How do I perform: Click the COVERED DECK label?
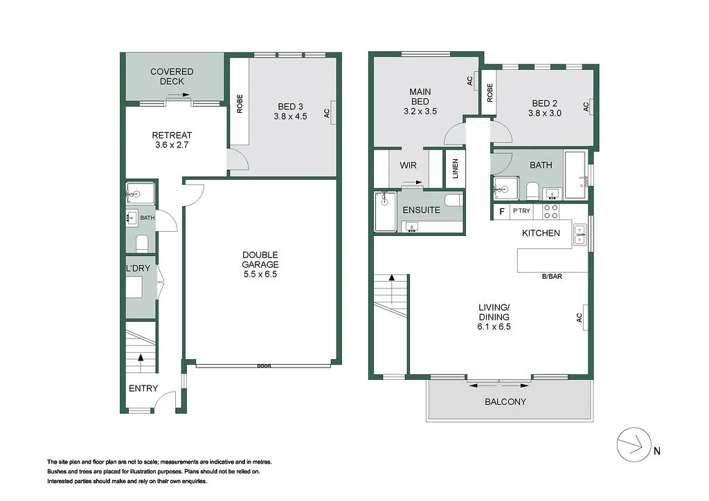click(x=172, y=76)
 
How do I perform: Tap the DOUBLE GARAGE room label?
click(x=260, y=264)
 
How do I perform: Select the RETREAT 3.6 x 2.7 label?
click(x=172, y=140)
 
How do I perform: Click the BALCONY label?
click(x=505, y=401)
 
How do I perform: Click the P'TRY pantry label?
click(x=521, y=211)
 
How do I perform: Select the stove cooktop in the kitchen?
click(x=550, y=211)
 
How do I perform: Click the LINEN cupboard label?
click(x=455, y=170)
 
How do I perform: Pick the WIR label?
click(x=408, y=166)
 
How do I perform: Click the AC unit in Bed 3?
click(x=332, y=111)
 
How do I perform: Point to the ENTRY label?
click(x=143, y=389)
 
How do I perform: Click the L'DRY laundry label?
click(x=138, y=267)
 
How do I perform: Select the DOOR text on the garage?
click(x=263, y=366)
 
